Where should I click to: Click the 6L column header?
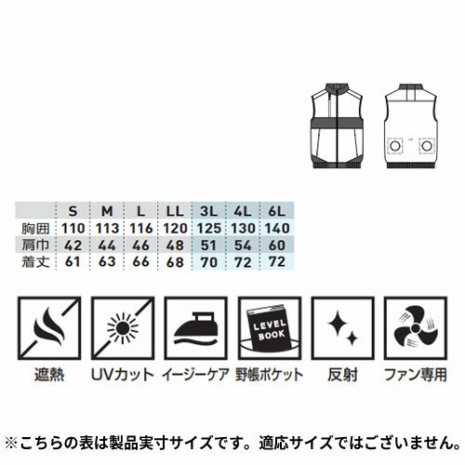pyautogui.click(x=276, y=211)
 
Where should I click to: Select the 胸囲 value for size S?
pyautogui.click(x=73, y=229)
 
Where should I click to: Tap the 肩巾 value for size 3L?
pyautogui.click(x=208, y=246)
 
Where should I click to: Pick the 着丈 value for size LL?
pyautogui.click(x=175, y=262)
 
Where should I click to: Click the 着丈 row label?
pyautogui.click(x=35, y=262)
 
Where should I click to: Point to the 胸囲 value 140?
pyautogui.click(x=277, y=229)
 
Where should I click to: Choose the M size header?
pyautogui.click(x=107, y=211)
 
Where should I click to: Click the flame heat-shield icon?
pyautogui.click(x=49, y=328)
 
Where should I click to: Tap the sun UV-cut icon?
pyautogui.click(x=123, y=328)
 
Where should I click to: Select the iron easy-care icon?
pyautogui.click(x=196, y=328)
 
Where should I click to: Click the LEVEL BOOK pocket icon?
pyautogui.click(x=270, y=328)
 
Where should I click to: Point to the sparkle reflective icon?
pyautogui.click(x=343, y=328)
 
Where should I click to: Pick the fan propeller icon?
pyautogui.click(x=416, y=328)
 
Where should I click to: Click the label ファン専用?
pyautogui.click(x=416, y=375)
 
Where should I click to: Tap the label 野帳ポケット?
pyautogui.click(x=270, y=375)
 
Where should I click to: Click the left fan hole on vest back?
pyautogui.click(x=394, y=146)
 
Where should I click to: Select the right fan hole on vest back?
pyautogui.click(x=427, y=146)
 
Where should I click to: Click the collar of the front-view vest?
pyautogui.click(x=337, y=87)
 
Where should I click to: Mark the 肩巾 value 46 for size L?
pyautogui.click(x=141, y=246)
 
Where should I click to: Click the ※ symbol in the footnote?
pyautogui.click(x=12, y=443)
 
